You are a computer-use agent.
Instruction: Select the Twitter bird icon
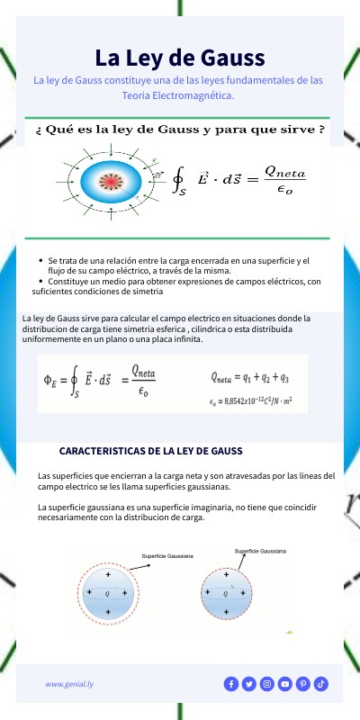point(248,684)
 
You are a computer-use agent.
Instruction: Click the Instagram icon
point(266,684)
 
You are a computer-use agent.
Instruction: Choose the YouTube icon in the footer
point(285,684)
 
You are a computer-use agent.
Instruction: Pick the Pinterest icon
point(303,684)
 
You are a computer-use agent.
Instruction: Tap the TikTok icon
point(321,684)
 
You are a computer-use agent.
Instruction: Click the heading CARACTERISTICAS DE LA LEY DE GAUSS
point(149,450)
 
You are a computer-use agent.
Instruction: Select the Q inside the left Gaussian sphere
point(108,594)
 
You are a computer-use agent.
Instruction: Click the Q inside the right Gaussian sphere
point(224,594)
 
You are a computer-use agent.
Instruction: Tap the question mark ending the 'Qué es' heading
point(321,130)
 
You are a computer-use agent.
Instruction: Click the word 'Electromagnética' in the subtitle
point(191,94)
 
